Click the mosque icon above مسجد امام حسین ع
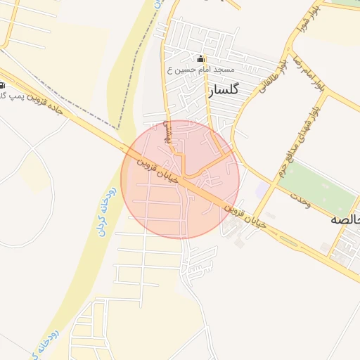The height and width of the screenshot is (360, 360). tap(200, 60)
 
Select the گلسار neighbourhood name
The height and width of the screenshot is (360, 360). tap(224, 90)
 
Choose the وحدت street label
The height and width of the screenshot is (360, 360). tap(298, 199)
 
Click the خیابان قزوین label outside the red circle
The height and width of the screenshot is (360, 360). tap(244, 215)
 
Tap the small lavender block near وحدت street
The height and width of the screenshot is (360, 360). tap(262, 191)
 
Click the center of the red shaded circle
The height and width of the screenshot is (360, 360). tap(180, 179)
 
